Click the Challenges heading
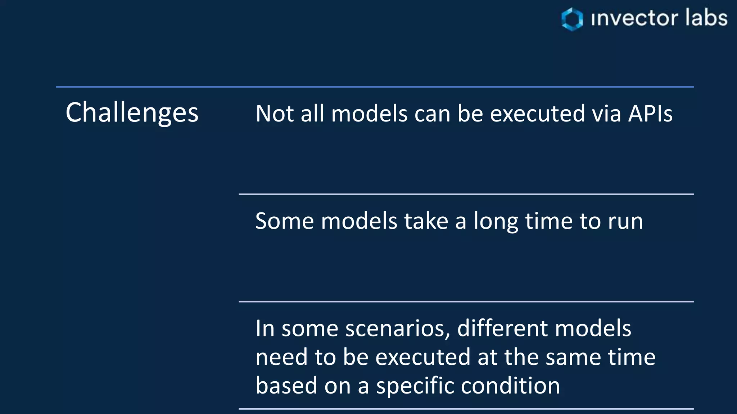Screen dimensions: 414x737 click(x=132, y=113)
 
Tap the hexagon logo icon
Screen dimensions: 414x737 click(x=572, y=19)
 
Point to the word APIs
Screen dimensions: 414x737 click(x=650, y=114)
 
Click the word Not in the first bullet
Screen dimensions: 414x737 click(x=275, y=114)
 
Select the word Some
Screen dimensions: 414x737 click(x=284, y=221)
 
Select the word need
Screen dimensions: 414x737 click(x=282, y=357)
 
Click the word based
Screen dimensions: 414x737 click(x=286, y=386)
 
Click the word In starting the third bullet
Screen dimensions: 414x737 click(x=265, y=329)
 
